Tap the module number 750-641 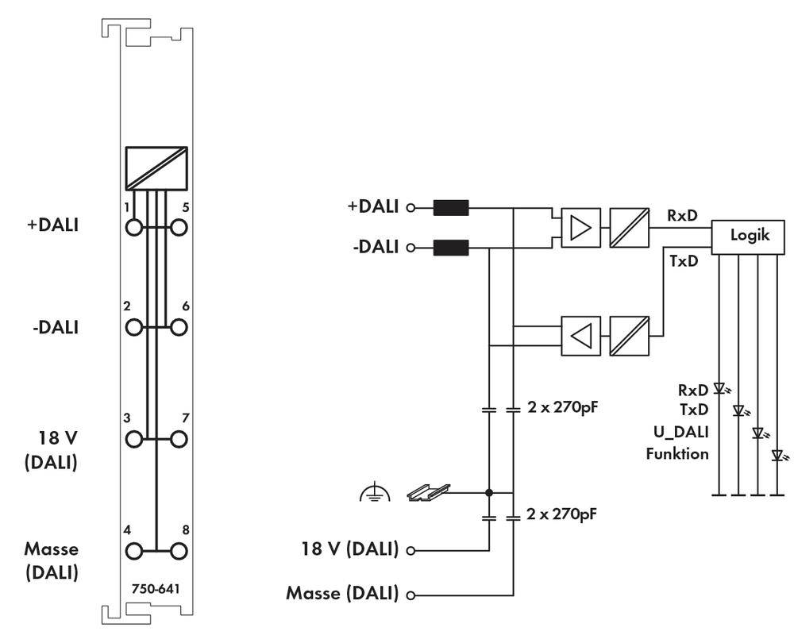pyautogui.click(x=156, y=588)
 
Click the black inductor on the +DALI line pyautogui.click(x=451, y=210)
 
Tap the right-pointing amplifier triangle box pyautogui.click(x=581, y=229)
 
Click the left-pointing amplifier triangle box pyautogui.click(x=581, y=336)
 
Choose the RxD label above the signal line pyautogui.click(x=681, y=214)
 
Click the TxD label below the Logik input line pyautogui.click(x=681, y=262)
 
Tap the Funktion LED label pyautogui.click(x=677, y=454)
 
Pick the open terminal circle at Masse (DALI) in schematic pyautogui.click(x=411, y=595)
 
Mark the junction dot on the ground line pyautogui.click(x=490, y=493)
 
